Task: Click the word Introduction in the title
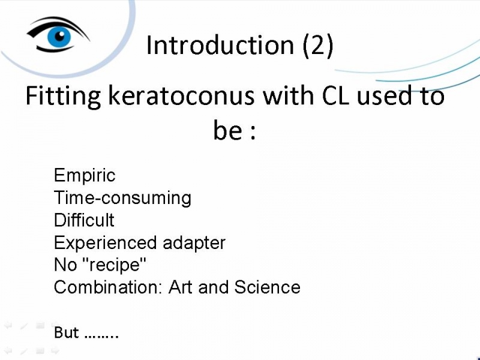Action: click(x=220, y=46)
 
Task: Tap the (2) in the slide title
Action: click(x=318, y=46)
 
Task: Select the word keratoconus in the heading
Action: click(x=181, y=95)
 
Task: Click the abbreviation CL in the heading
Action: click(x=335, y=96)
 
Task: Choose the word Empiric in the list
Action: click(x=85, y=176)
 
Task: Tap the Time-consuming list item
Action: click(x=122, y=198)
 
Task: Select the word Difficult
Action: click(x=84, y=220)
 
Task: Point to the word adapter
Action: click(x=194, y=243)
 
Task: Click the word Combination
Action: click(x=107, y=287)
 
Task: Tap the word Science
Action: click(x=267, y=287)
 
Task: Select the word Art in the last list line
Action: click(x=181, y=287)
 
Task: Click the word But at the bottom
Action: click(x=66, y=332)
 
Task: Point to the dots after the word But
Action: click(x=101, y=336)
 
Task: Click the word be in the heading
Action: click(x=227, y=130)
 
